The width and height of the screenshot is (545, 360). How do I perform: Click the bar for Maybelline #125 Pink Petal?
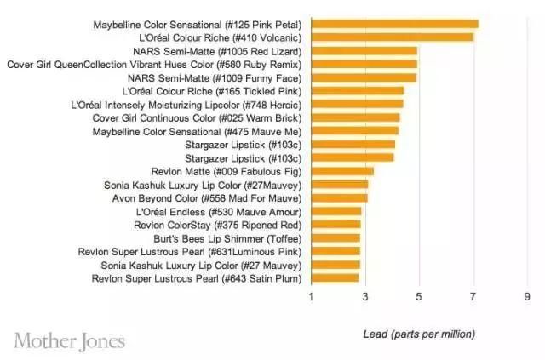394,25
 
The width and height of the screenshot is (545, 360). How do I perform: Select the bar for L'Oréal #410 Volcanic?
392,37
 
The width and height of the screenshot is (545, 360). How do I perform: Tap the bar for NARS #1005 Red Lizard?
364,51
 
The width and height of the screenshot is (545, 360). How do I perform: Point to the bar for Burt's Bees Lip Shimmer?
336,238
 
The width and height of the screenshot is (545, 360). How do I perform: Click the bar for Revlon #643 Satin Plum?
335,278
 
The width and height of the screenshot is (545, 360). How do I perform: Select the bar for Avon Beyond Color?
339,198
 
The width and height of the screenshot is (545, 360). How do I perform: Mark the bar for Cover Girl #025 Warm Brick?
355,117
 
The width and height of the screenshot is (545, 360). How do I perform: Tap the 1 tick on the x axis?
311,297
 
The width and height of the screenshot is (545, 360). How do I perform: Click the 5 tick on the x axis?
419,297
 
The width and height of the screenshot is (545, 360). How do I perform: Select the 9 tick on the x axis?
527,297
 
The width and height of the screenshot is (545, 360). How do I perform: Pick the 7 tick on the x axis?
473,297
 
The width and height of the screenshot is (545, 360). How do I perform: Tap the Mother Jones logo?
70,340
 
